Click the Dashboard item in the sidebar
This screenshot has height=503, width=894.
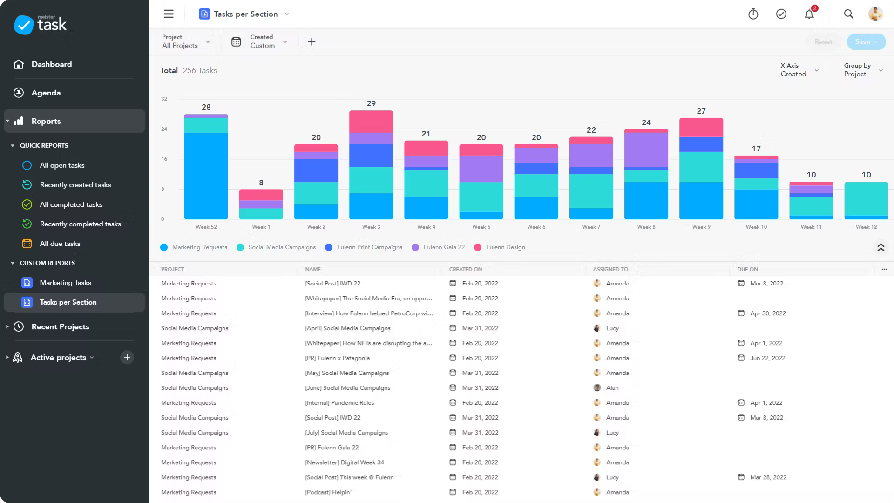click(x=51, y=64)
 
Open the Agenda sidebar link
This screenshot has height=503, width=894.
click(x=46, y=93)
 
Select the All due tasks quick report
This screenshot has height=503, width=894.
click(x=60, y=244)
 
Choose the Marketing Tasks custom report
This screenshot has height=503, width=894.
click(x=65, y=283)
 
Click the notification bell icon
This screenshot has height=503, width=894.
click(x=809, y=14)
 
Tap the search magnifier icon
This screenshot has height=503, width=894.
click(x=848, y=14)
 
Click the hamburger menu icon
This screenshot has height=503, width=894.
click(x=169, y=14)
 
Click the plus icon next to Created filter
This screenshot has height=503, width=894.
click(x=312, y=42)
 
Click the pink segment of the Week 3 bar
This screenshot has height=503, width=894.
click(x=371, y=122)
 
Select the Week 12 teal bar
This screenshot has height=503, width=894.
click(x=866, y=198)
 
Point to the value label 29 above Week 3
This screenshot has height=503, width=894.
click(x=371, y=103)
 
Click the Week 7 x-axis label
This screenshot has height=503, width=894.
click(x=591, y=227)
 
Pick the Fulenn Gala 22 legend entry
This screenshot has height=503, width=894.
click(x=443, y=247)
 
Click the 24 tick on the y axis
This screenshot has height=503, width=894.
click(x=164, y=129)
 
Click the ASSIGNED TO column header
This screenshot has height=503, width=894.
click(x=610, y=269)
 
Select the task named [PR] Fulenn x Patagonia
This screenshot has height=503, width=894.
click(x=337, y=358)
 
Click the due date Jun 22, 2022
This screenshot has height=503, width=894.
click(x=767, y=358)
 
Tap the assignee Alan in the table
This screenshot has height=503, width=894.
click(x=612, y=388)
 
